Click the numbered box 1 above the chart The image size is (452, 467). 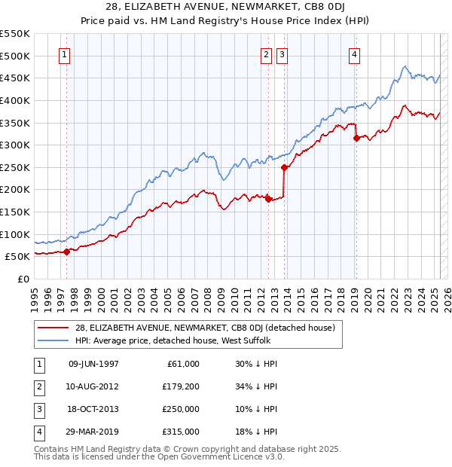(64, 54)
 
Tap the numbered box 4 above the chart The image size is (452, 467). (353, 54)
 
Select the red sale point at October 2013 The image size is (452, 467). (284, 168)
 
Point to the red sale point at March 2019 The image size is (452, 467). (356, 138)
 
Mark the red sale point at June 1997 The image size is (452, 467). (66, 252)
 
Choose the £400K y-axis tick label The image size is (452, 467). (17, 100)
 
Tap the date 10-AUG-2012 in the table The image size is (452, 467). (94, 386)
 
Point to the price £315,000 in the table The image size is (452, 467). (182, 432)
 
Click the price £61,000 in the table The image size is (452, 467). (184, 364)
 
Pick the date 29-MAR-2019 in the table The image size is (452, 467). (94, 432)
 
